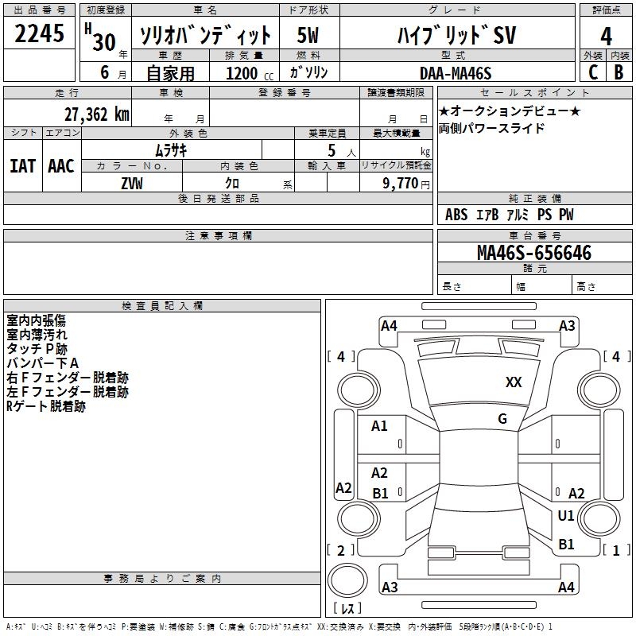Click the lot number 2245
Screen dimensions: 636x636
pos(39,33)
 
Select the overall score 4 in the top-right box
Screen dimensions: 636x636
pos(606,37)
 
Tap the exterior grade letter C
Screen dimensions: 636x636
pos(593,72)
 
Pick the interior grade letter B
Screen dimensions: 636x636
pos(619,72)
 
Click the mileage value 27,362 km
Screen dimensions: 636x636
pos(96,114)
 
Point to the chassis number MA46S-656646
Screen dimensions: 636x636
pos(534,253)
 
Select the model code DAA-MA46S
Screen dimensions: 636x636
pos(456,73)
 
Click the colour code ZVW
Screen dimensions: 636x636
pos(132,184)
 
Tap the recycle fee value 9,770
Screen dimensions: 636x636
pos(400,183)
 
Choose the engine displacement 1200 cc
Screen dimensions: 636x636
pos(250,73)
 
